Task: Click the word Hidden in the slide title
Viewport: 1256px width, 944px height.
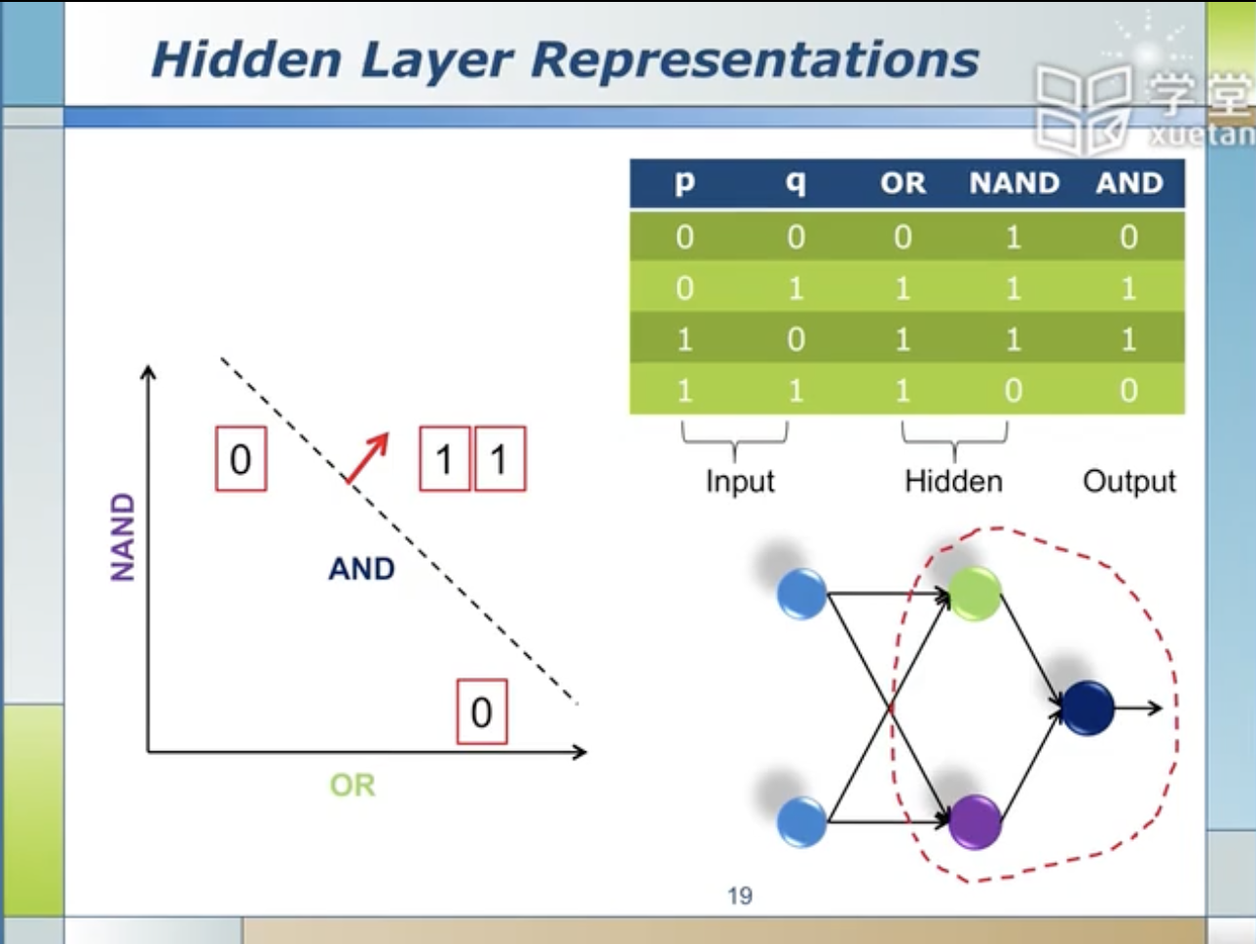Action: coord(245,60)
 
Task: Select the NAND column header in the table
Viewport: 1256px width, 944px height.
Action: coord(1014,183)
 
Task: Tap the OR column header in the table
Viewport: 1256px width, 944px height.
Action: coord(903,183)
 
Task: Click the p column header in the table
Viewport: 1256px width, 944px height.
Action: coord(684,183)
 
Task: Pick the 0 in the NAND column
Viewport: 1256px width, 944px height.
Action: coord(1014,390)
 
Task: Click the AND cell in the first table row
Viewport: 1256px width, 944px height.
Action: coord(1128,237)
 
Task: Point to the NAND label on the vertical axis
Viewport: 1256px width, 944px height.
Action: coord(123,537)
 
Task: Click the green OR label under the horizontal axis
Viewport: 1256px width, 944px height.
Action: coord(352,785)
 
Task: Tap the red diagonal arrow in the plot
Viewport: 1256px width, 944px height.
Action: coord(368,457)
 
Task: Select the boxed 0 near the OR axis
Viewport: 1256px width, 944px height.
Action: coord(482,712)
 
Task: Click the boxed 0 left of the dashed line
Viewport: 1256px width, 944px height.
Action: coord(240,458)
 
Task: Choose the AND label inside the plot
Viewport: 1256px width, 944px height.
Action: coord(361,568)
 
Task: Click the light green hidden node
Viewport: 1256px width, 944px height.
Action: coord(974,594)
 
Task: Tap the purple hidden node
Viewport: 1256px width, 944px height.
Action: coord(975,821)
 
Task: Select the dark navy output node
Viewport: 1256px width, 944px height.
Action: coord(1088,708)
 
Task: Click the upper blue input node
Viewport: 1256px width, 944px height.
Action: coord(802,594)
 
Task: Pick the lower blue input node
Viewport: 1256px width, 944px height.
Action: coord(802,820)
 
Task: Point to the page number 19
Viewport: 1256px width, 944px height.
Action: coord(739,895)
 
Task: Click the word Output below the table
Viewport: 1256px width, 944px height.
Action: coord(1129,481)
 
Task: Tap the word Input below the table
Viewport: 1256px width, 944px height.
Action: coord(740,481)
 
